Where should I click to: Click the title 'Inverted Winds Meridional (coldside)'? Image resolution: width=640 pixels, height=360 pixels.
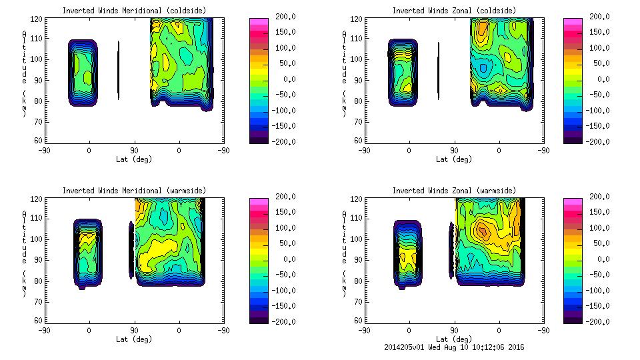(x=134, y=11)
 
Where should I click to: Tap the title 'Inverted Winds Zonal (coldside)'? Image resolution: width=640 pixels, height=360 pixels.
(x=454, y=11)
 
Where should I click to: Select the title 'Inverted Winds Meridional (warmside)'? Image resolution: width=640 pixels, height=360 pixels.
(x=134, y=191)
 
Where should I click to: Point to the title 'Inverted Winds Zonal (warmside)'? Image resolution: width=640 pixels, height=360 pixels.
(x=454, y=191)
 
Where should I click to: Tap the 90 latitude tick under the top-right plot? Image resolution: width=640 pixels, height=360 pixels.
(x=454, y=151)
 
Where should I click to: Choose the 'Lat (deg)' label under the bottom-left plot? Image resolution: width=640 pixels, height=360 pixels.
(x=134, y=339)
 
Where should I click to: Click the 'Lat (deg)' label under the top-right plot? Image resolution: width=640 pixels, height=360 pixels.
(x=454, y=159)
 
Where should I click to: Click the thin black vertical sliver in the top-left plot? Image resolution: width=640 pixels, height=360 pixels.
(x=118, y=70)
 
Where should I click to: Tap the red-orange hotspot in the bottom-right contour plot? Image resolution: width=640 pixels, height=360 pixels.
(x=483, y=231)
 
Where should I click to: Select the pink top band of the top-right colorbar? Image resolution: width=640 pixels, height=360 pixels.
(x=572, y=21)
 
